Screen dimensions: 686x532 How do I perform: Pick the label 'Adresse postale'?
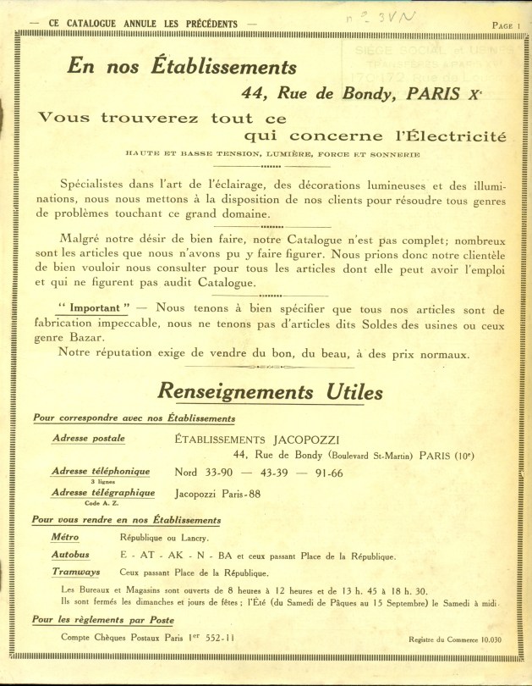coord(89,439)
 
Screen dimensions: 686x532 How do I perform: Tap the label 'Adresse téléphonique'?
coord(101,471)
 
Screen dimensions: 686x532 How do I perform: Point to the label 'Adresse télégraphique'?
coord(103,492)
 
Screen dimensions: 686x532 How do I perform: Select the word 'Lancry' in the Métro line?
coord(192,538)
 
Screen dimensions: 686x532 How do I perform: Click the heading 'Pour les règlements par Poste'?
coord(103,620)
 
